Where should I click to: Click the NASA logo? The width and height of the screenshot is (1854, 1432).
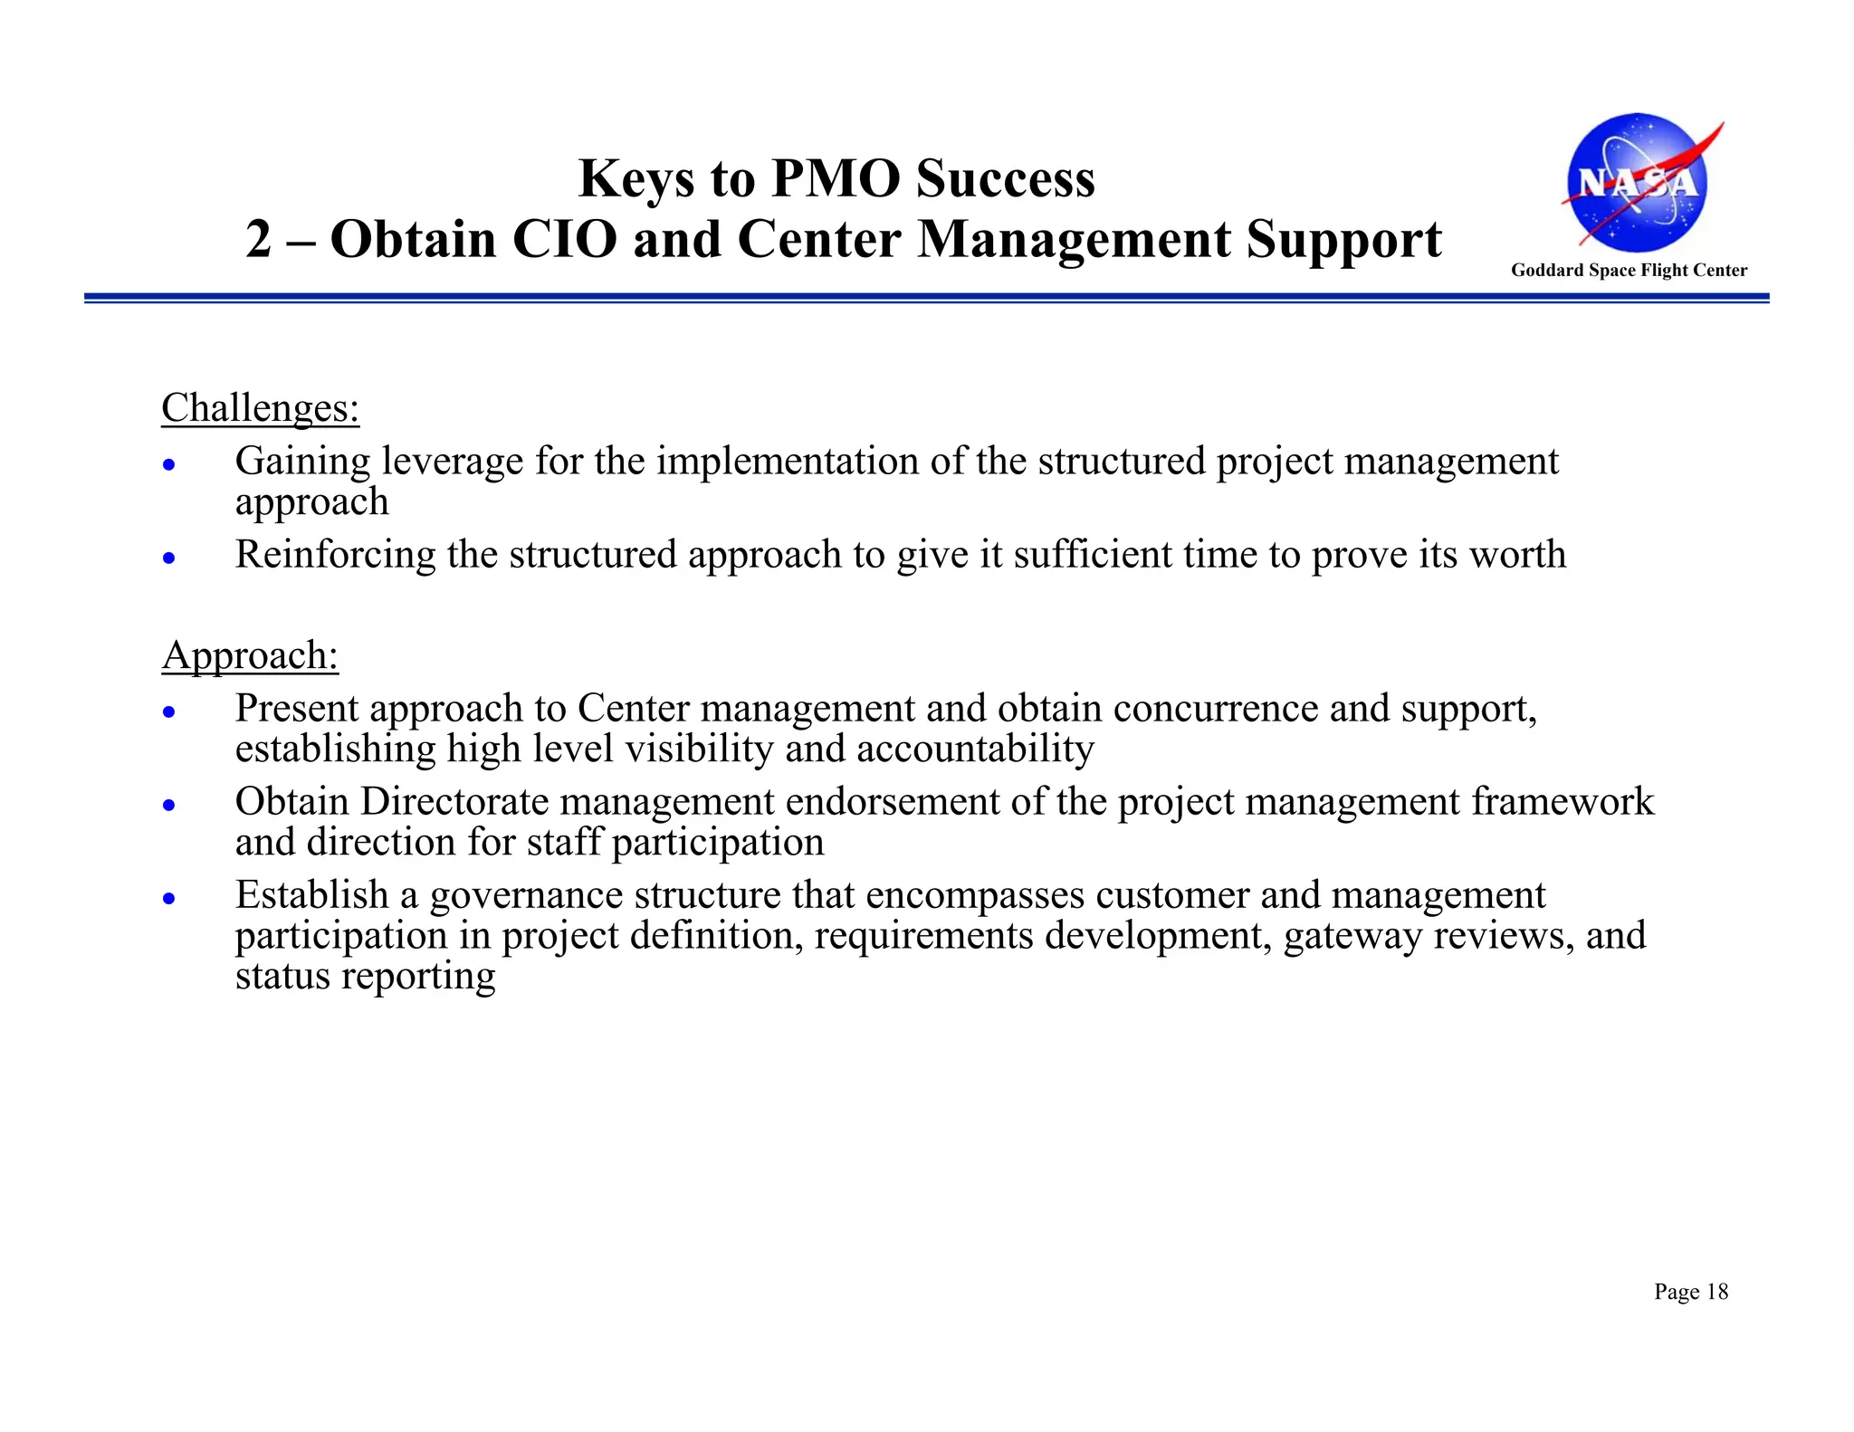[x=1637, y=183]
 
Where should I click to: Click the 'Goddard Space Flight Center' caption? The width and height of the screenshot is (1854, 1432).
[x=1629, y=270]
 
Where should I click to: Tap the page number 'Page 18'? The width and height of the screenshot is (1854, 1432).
[x=1690, y=1292]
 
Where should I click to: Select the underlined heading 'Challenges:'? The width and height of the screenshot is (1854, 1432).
[x=260, y=408]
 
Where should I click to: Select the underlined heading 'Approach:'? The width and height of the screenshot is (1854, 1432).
[x=250, y=655]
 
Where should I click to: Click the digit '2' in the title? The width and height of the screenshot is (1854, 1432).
[x=258, y=240]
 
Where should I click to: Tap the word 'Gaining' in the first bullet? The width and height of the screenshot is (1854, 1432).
[x=302, y=462]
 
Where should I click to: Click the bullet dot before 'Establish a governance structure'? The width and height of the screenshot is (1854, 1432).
[x=168, y=899]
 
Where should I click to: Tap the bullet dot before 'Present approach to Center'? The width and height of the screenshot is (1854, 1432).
[x=168, y=712]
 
